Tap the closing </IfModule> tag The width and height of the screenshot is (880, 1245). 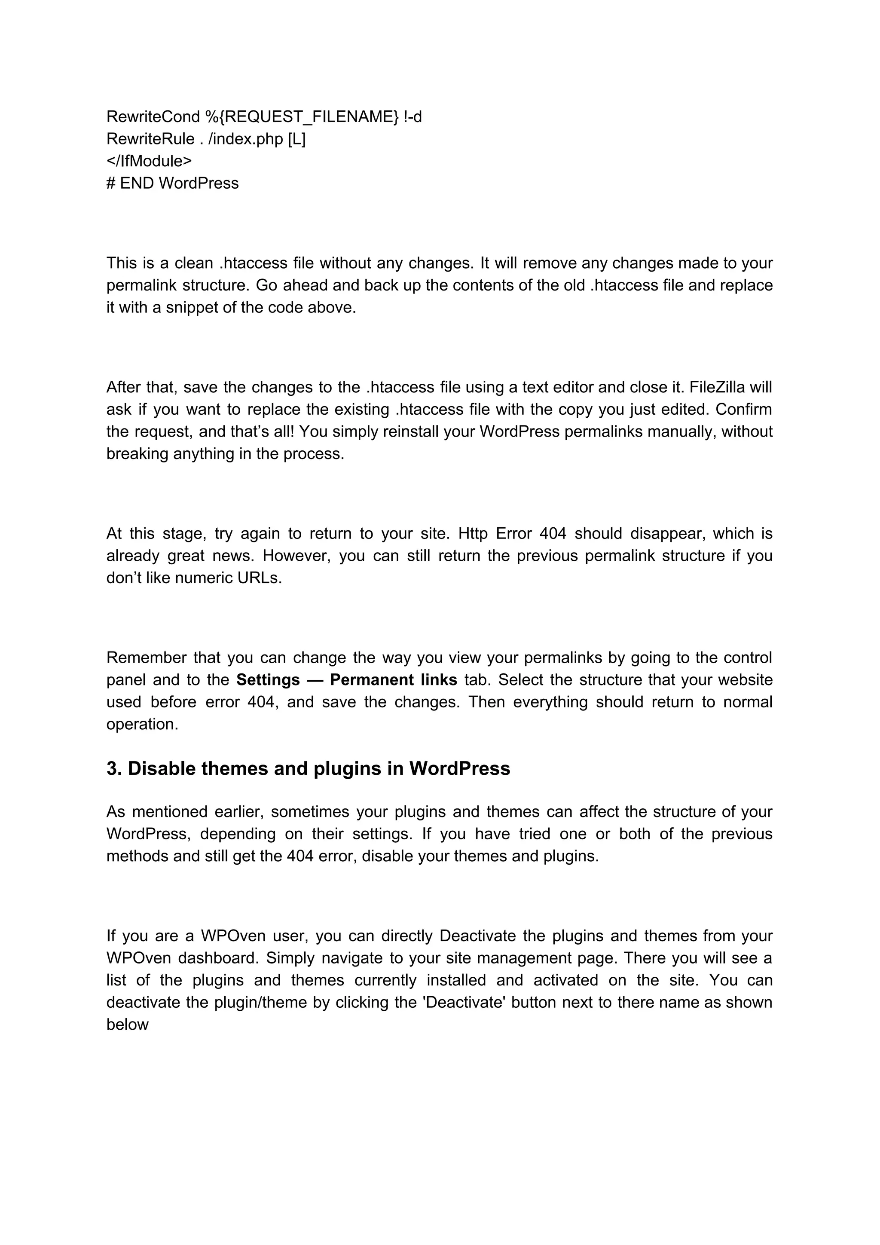coord(149,161)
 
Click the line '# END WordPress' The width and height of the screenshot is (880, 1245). coord(172,183)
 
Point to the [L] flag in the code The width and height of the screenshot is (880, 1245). coord(296,139)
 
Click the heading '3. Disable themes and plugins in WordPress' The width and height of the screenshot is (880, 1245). coord(308,768)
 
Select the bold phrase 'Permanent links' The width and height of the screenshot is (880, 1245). coord(393,679)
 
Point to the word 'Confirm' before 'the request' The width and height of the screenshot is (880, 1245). coord(744,410)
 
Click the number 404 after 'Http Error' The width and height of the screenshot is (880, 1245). coord(553,534)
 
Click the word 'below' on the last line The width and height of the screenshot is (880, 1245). coord(128,1024)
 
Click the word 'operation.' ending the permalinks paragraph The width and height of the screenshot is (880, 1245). coord(142,724)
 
